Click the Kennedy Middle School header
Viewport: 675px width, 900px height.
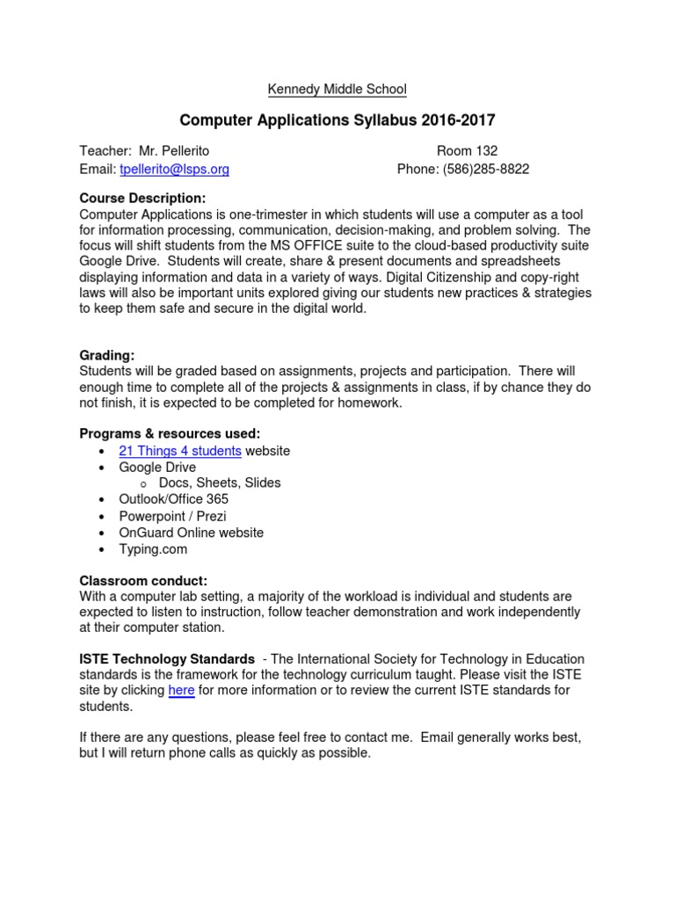(337, 89)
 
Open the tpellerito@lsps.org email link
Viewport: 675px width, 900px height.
(174, 169)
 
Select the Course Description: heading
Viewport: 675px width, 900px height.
(142, 198)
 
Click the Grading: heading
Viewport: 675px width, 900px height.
(107, 355)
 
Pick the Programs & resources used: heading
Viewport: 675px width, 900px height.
(170, 433)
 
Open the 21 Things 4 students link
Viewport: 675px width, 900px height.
(180, 451)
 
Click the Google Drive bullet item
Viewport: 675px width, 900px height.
(158, 468)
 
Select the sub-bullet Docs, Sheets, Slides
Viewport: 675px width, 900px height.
(220, 483)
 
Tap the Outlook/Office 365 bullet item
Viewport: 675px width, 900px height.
(174, 499)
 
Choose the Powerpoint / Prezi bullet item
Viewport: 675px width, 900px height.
(173, 516)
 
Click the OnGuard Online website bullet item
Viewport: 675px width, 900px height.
(192, 533)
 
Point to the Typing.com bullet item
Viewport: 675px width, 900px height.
(154, 549)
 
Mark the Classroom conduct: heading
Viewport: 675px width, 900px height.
(143, 581)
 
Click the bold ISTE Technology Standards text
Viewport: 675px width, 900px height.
(167, 659)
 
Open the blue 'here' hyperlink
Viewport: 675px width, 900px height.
(181, 691)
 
